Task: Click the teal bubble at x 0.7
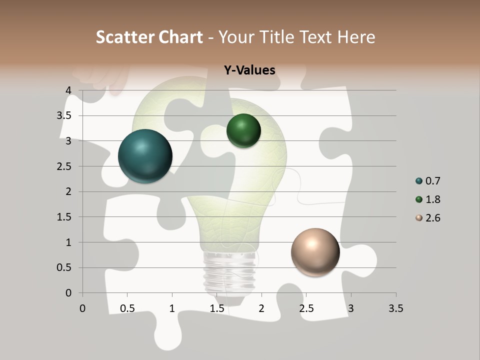coord(145,156)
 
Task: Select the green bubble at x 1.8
coord(243,131)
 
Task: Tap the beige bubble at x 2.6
coord(315,252)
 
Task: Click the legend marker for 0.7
coord(419,181)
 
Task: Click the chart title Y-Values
coord(249,70)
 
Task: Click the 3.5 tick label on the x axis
coord(395,308)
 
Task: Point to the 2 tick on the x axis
coord(261,308)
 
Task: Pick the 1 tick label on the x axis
coord(172,308)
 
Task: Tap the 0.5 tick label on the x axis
coord(127,308)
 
